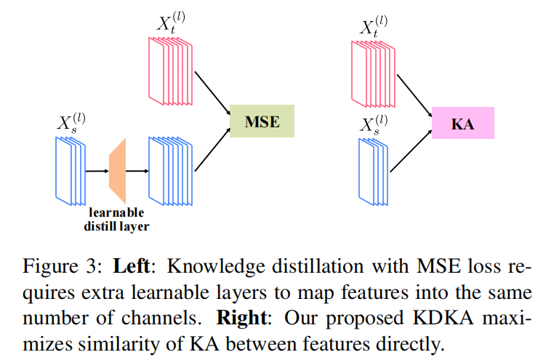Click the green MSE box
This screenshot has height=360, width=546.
coord(262,121)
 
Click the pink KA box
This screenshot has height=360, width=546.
coord(462,123)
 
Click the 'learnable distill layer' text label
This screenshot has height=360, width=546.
coord(116,219)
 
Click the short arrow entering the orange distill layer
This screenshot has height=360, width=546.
coord(95,172)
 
